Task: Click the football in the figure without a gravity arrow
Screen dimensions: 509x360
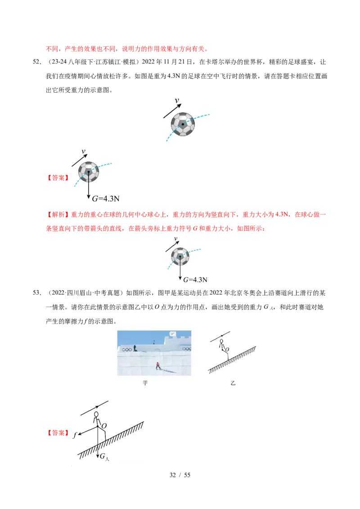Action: click(183, 124)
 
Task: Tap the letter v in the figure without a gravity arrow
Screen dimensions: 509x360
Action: click(176, 101)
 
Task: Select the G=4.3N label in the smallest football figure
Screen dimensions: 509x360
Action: click(195, 280)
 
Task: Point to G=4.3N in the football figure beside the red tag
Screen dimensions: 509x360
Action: click(107, 198)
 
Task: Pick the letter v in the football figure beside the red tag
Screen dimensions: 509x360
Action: click(84, 152)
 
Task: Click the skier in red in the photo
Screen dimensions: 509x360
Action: click(158, 366)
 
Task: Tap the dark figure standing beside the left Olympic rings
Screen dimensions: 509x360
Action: click(135, 348)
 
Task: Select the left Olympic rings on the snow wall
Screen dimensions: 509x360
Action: click(127, 350)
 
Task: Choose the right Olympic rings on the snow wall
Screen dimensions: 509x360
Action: click(186, 349)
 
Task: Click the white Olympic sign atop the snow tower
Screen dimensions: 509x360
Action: click(172, 334)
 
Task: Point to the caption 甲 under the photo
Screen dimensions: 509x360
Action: click(145, 384)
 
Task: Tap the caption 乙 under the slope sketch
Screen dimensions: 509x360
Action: click(233, 384)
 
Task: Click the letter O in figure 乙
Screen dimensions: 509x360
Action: click(227, 349)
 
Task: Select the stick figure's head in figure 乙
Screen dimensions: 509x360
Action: click(221, 341)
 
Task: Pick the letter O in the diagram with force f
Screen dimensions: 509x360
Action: click(104, 425)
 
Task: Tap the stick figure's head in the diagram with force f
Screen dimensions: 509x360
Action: click(96, 414)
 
